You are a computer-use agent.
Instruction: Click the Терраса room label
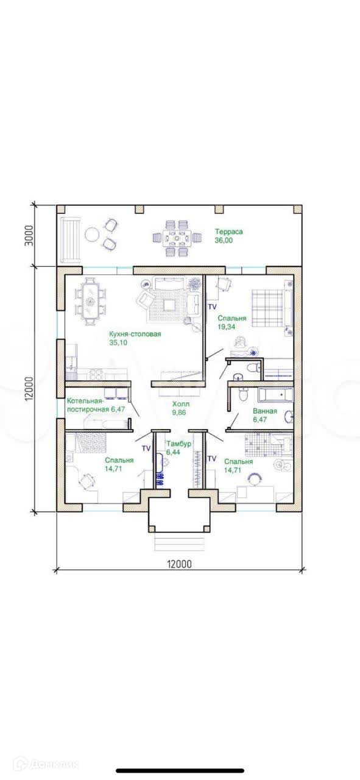pyautogui.click(x=229, y=232)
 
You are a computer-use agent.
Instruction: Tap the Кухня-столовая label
pyautogui.click(x=135, y=335)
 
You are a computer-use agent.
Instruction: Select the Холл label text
pyautogui.click(x=181, y=404)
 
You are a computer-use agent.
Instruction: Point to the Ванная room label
pyautogui.click(x=265, y=411)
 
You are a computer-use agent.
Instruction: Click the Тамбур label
pyautogui.click(x=179, y=444)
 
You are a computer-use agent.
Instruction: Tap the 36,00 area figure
pyautogui.click(x=224, y=240)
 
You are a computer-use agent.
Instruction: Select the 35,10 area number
pyautogui.click(x=118, y=342)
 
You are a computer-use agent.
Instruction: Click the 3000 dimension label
pyautogui.click(x=29, y=236)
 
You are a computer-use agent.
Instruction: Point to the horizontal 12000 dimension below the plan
pyautogui.click(x=179, y=564)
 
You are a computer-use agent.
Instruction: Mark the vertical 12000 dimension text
pyautogui.click(x=29, y=389)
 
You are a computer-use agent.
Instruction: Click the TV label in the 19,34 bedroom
pyautogui.click(x=212, y=307)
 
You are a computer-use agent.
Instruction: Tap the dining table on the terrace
pyautogui.click(x=177, y=238)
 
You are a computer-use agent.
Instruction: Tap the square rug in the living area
pyautogui.click(x=170, y=305)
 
